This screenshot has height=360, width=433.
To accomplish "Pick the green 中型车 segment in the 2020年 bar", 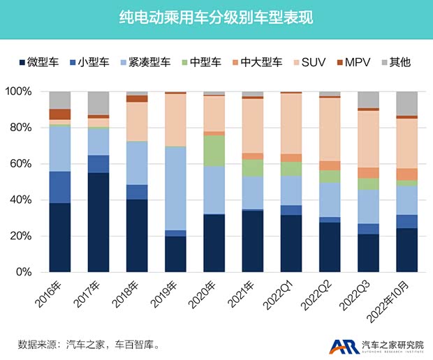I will coord(214,151).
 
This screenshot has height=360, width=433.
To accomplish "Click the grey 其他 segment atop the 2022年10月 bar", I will coord(406,103).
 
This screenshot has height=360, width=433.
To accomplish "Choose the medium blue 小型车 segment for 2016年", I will coord(60,187).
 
